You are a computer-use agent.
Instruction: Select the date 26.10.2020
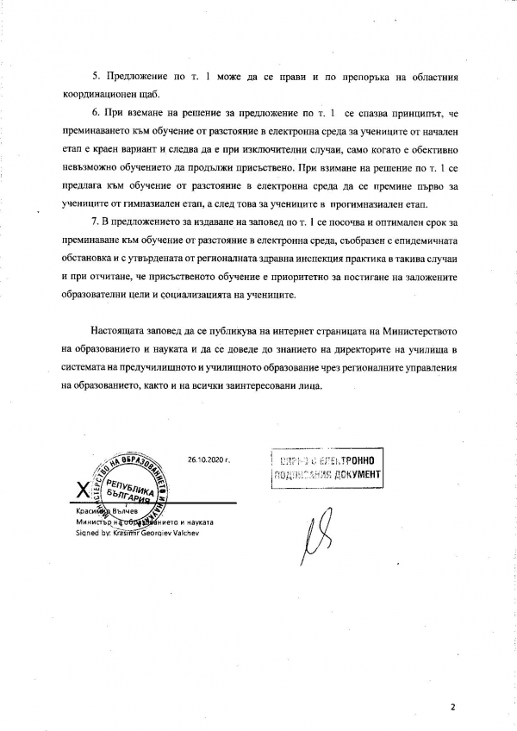(x=207, y=460)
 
